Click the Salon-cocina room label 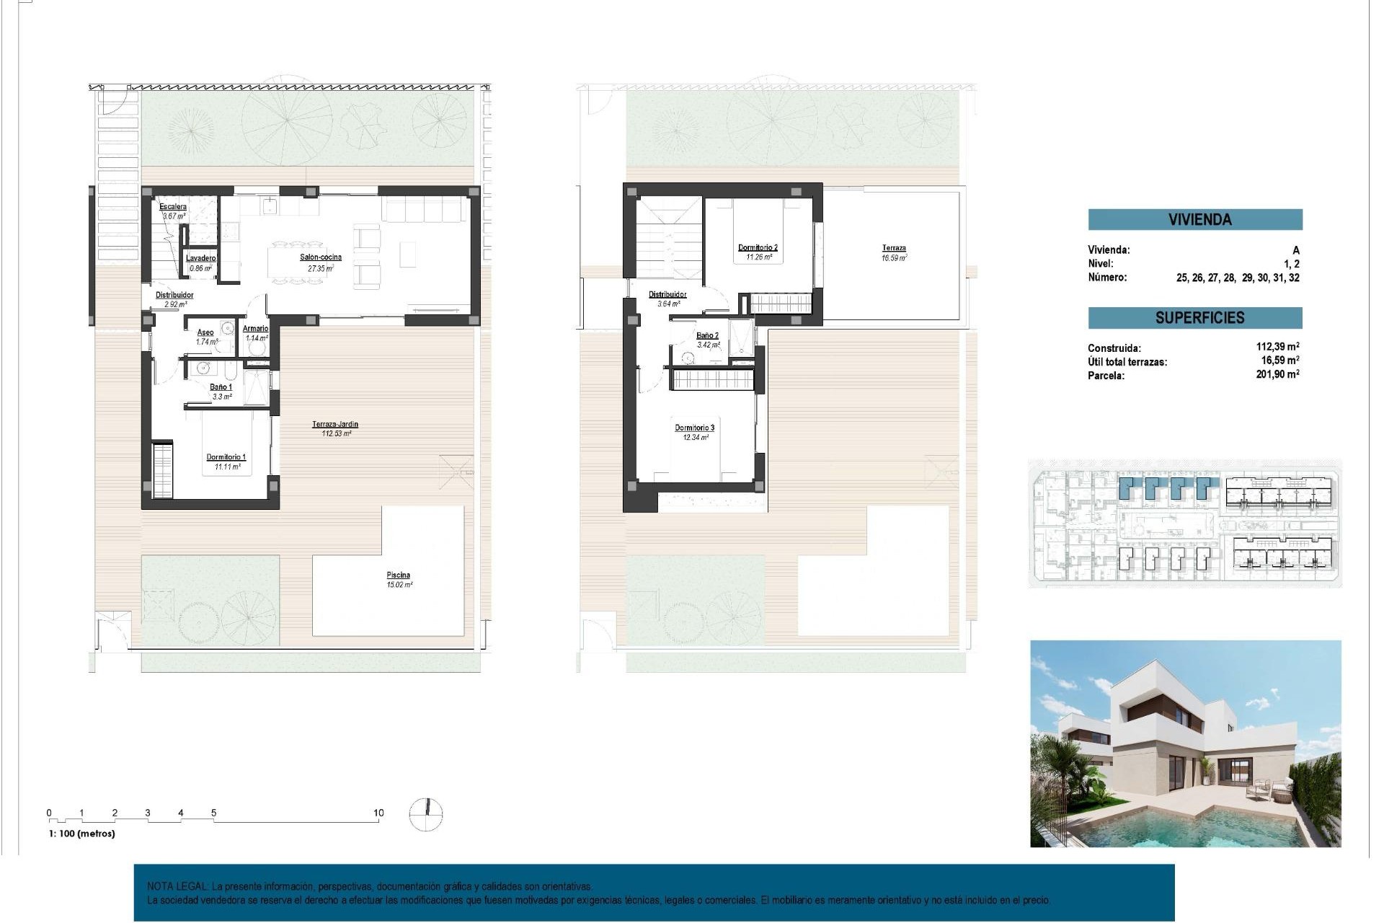coord(321,257)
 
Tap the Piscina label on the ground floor coord(398,575)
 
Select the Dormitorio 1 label coord(226,457)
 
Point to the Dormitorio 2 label coord(758,248)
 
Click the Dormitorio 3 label coord(694,428)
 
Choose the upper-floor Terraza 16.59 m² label coord(894,249)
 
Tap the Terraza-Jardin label coord(335,425)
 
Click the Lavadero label coord(200,258)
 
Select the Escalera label coord(173,207)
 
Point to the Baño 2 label coord(707,336)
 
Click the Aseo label coord(205,332)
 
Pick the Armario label coord(256,329)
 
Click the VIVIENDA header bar coord(1194,220)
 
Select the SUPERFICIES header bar coord(1194,318)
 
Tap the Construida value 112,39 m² coord(1277,347)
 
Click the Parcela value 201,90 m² coord(1277,374)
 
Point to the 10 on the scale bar coord(378,813)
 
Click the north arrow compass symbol coord(426,814)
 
